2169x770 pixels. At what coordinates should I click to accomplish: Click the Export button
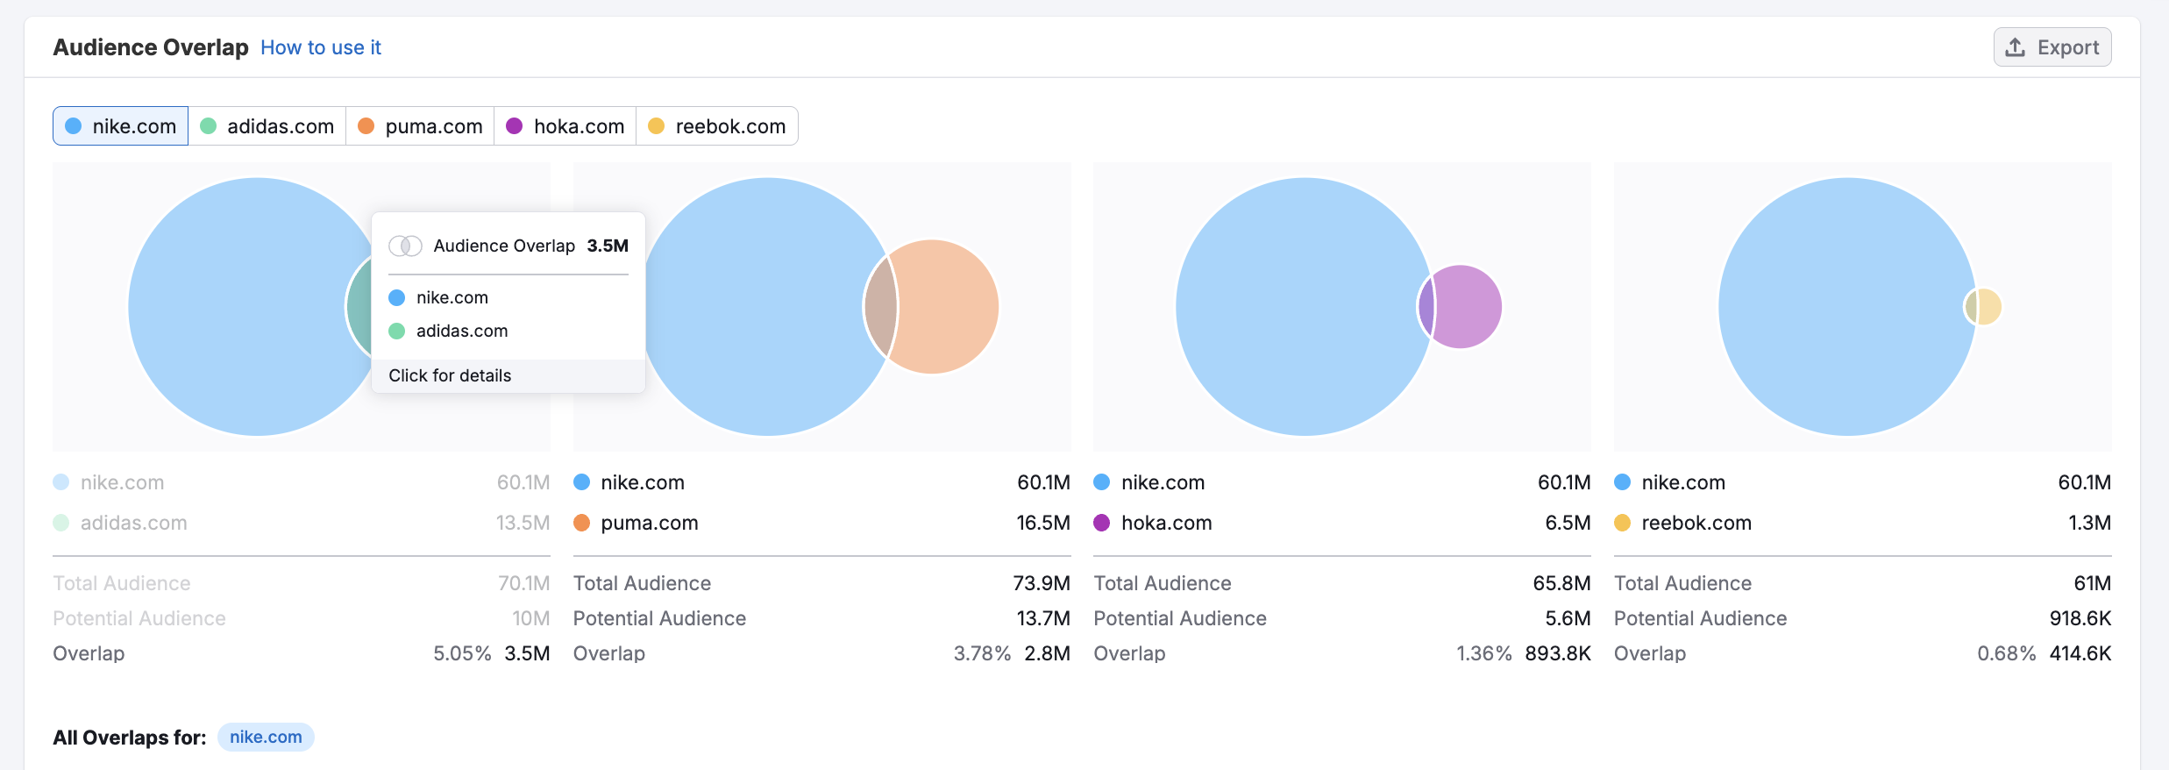click(x=2052, y=47)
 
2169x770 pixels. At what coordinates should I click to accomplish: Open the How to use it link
click(x=320, y=47)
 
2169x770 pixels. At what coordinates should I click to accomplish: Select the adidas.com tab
click(x=267, y=126)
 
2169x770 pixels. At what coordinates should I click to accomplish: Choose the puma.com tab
click(x=421, y=126)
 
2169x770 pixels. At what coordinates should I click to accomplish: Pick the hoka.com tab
click(x=565, y=126)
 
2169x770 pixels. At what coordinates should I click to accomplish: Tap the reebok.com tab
click(x=717, y=126)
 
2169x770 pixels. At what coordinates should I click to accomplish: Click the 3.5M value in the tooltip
click(x=608, y=246)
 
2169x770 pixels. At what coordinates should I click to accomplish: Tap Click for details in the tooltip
click(x=450, y=375)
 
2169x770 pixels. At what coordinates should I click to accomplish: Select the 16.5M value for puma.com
click(x=1042, y=523)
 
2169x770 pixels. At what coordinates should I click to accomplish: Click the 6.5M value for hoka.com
click(x=1568, y=523)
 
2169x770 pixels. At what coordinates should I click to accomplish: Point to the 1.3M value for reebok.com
click(x=2089, y=523)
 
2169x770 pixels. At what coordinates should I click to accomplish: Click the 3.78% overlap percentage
click(x=982, y=653)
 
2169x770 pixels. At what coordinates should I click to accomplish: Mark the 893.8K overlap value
click(x=1557, y=653)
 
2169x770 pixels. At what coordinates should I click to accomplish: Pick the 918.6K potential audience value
click(x=2080, y=618)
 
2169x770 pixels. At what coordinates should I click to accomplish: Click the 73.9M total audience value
click(x=1042, y=583)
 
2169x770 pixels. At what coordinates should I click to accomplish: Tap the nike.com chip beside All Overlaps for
click(x=266, y=738)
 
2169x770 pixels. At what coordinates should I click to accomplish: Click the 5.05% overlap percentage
click(x=462, y=653)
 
